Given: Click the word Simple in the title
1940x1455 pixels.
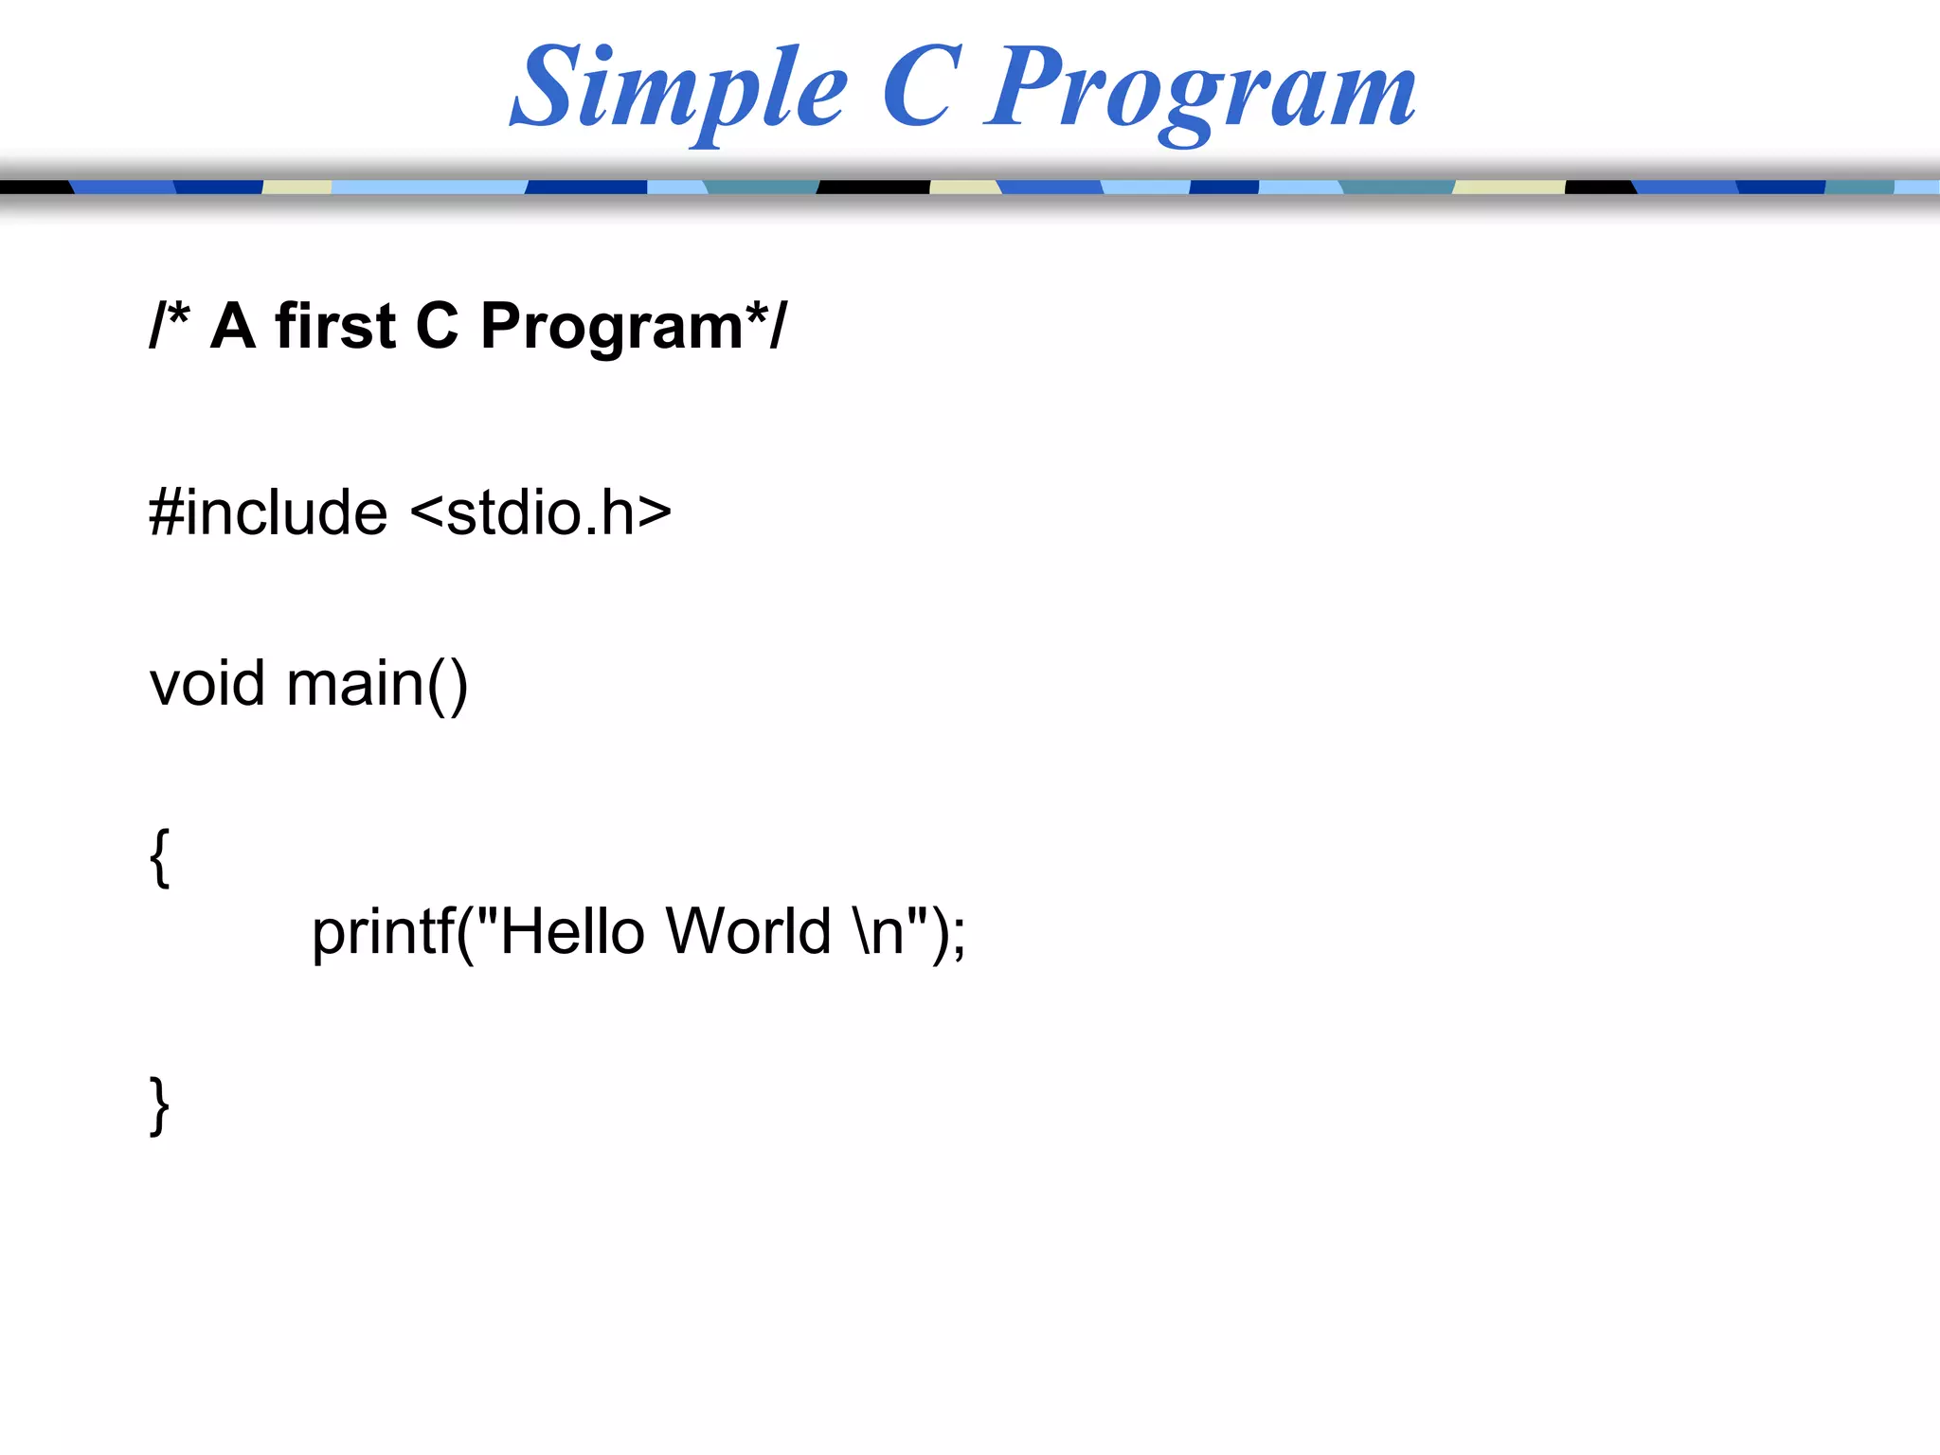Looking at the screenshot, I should click(x=678, y=90).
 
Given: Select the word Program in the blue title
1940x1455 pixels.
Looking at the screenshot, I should click(x=1199, y=90).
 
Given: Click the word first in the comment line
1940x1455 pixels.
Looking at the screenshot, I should click(x=334, y=326).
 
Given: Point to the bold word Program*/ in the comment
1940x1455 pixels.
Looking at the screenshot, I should click(x=633, y=328).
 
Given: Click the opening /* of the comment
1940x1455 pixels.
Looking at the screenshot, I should click(x=170, y=326).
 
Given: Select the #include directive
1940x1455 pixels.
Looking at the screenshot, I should click(x=268, y=512).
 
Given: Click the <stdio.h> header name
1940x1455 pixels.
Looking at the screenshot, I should click(x=541, y=512).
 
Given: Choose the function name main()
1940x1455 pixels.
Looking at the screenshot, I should click(x=377, y=685).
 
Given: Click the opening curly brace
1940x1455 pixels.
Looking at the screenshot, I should click(x=160, y=856).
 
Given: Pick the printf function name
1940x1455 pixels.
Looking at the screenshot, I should click(x=384, y=933).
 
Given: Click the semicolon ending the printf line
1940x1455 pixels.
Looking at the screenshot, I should click(x=959, y=938).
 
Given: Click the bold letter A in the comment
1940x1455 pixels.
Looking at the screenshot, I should click(x=233, y=326).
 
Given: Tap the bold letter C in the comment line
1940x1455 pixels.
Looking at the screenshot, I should click(x=437, y=326).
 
